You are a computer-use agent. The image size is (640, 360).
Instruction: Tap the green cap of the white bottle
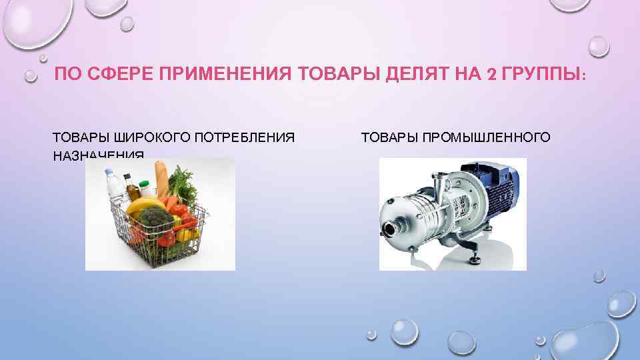[x=144, y=179]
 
